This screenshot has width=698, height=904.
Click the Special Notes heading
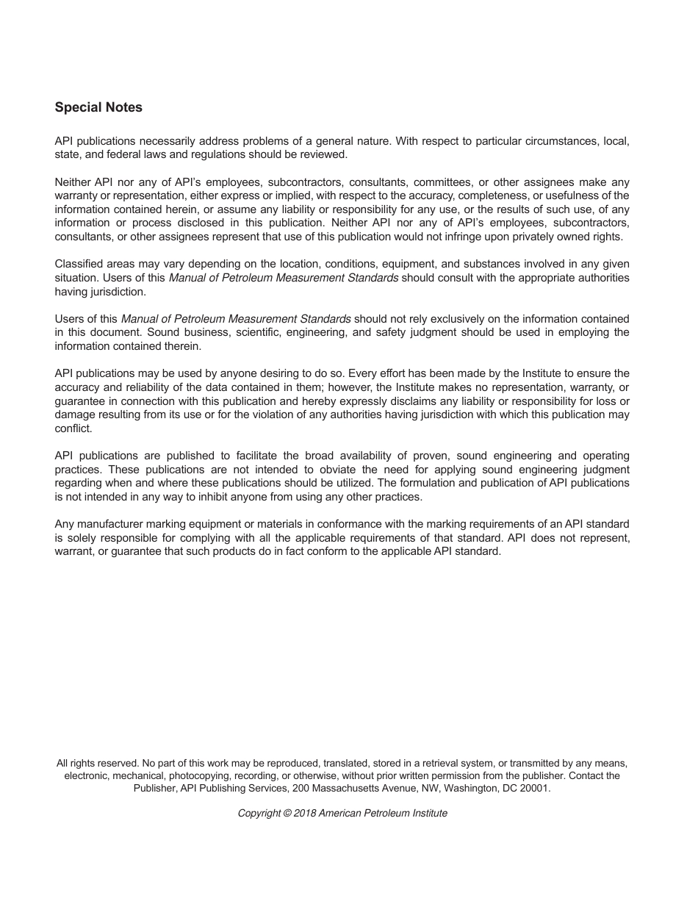tap(98, 107)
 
